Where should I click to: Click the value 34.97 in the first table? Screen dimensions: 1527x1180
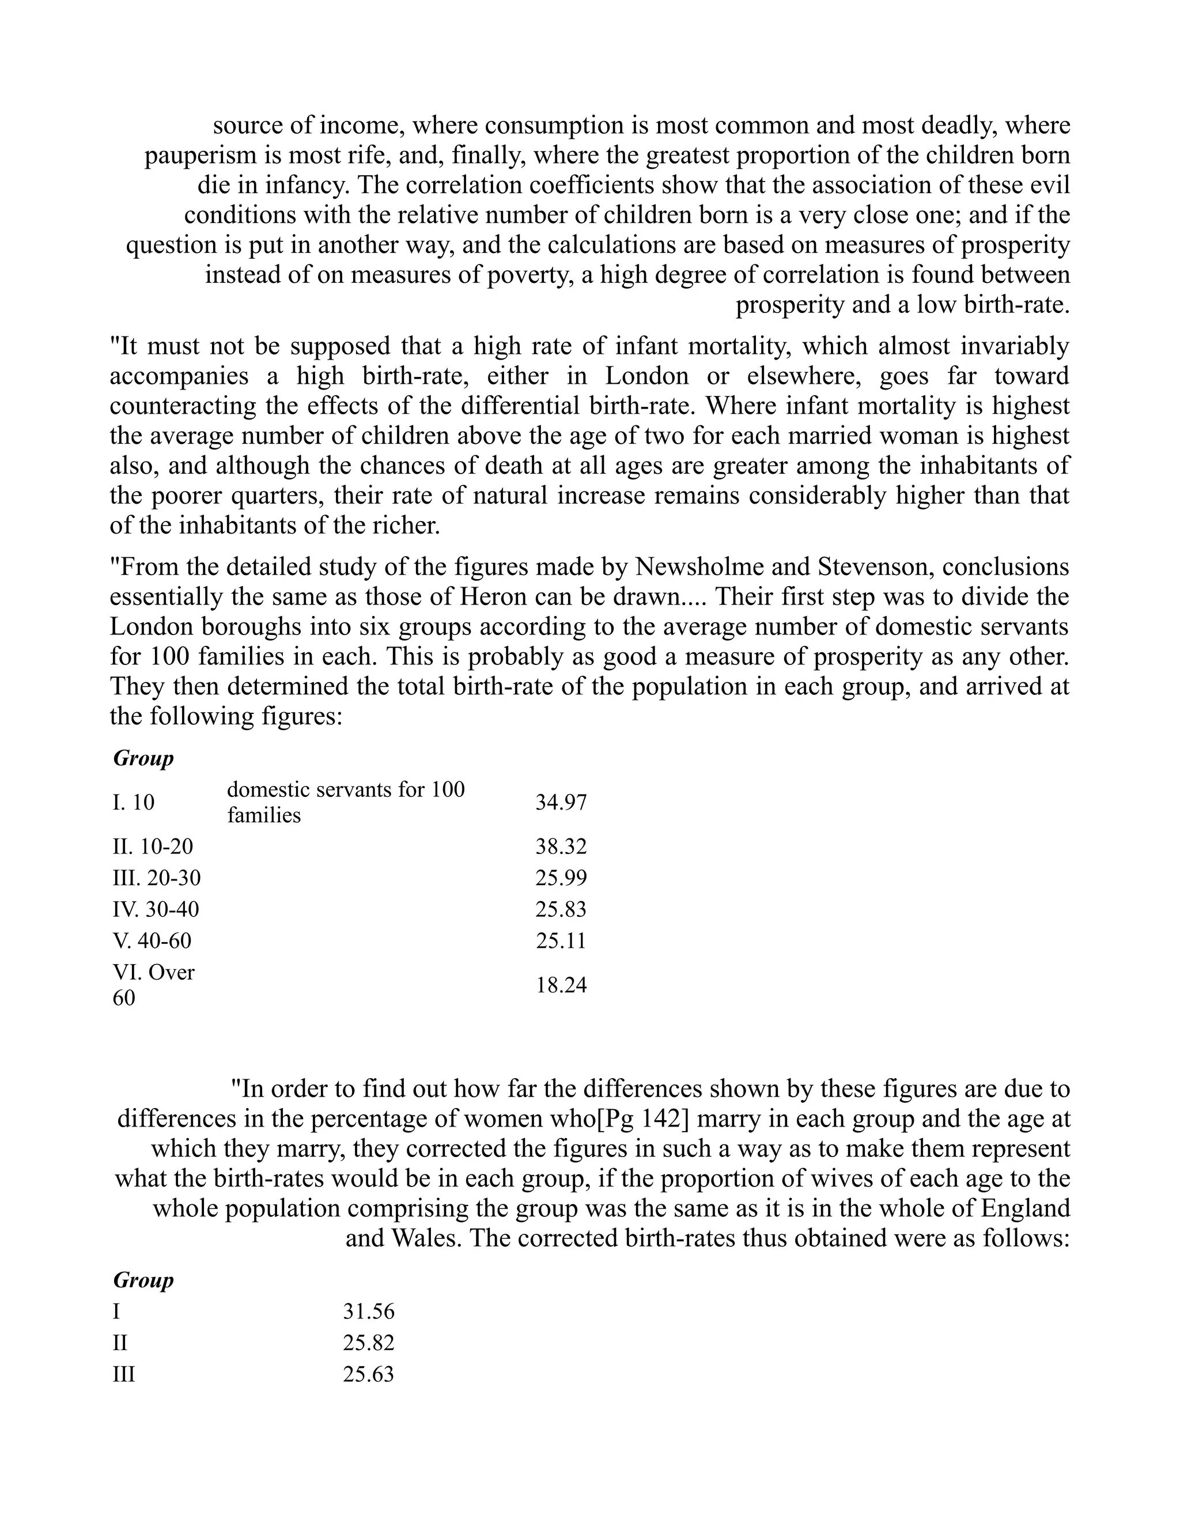coord(561,802)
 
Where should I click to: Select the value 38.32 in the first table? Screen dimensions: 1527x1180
coord(561,846)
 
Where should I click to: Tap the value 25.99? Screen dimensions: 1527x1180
coord(561,878)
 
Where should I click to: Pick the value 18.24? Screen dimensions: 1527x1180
coord(561,985)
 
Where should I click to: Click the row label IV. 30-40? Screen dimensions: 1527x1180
coord(155,910)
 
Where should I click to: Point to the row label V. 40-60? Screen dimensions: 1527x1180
coord(152,940)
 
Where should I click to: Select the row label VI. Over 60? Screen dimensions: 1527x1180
coord(153,984)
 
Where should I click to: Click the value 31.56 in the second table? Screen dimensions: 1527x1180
coord(368,1311)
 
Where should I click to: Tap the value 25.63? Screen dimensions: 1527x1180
coord(368,1374)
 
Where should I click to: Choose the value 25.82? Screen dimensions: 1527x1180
coord(368,1343)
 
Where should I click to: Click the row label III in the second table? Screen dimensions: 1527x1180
coord(124,1374)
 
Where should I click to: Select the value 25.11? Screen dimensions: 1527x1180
coord(561,940)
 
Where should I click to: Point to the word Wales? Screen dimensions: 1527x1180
coord(426,1238)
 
